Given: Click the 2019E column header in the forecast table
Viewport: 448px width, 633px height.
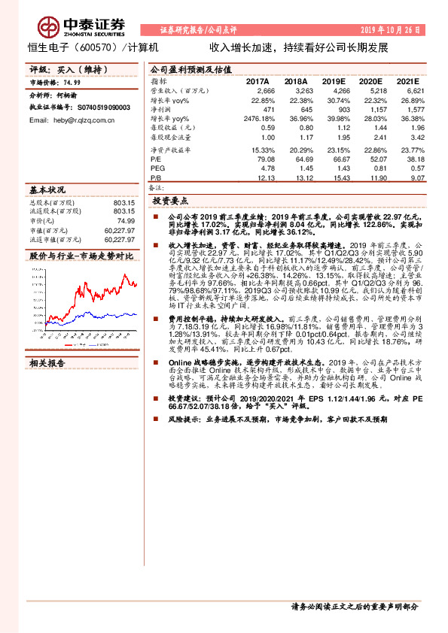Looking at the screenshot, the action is [x=333, y=80].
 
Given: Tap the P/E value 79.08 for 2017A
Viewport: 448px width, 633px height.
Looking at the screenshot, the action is [x=267, y=159].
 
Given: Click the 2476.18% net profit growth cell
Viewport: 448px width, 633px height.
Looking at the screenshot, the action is [x=261, y=119].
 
